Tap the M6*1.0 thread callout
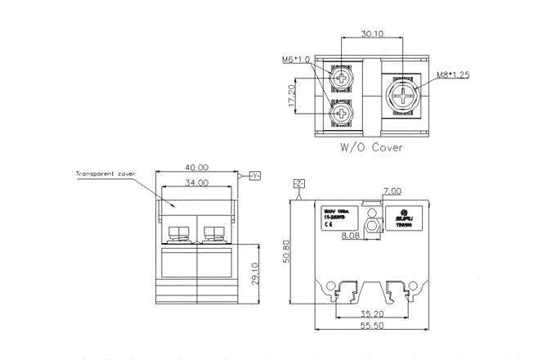tap(296, 60)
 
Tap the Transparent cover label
tap(105, 174)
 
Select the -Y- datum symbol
tap(253, 176)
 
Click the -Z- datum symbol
tap(298, 183)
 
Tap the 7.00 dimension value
tap(392, 191)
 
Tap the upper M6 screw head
tap(340, 78)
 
